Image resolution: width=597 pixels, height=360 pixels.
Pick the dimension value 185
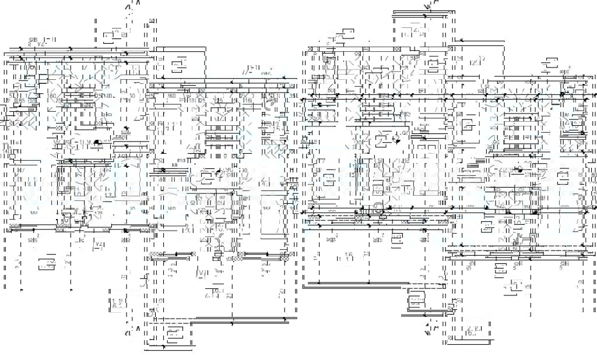(22, 101)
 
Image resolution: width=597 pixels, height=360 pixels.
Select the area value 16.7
(472, 333)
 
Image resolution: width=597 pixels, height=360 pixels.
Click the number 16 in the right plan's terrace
(349, 255)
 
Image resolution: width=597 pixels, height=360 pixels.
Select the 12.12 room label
(477, 59)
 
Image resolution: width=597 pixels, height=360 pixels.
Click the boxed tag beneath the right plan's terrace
(416, 301)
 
